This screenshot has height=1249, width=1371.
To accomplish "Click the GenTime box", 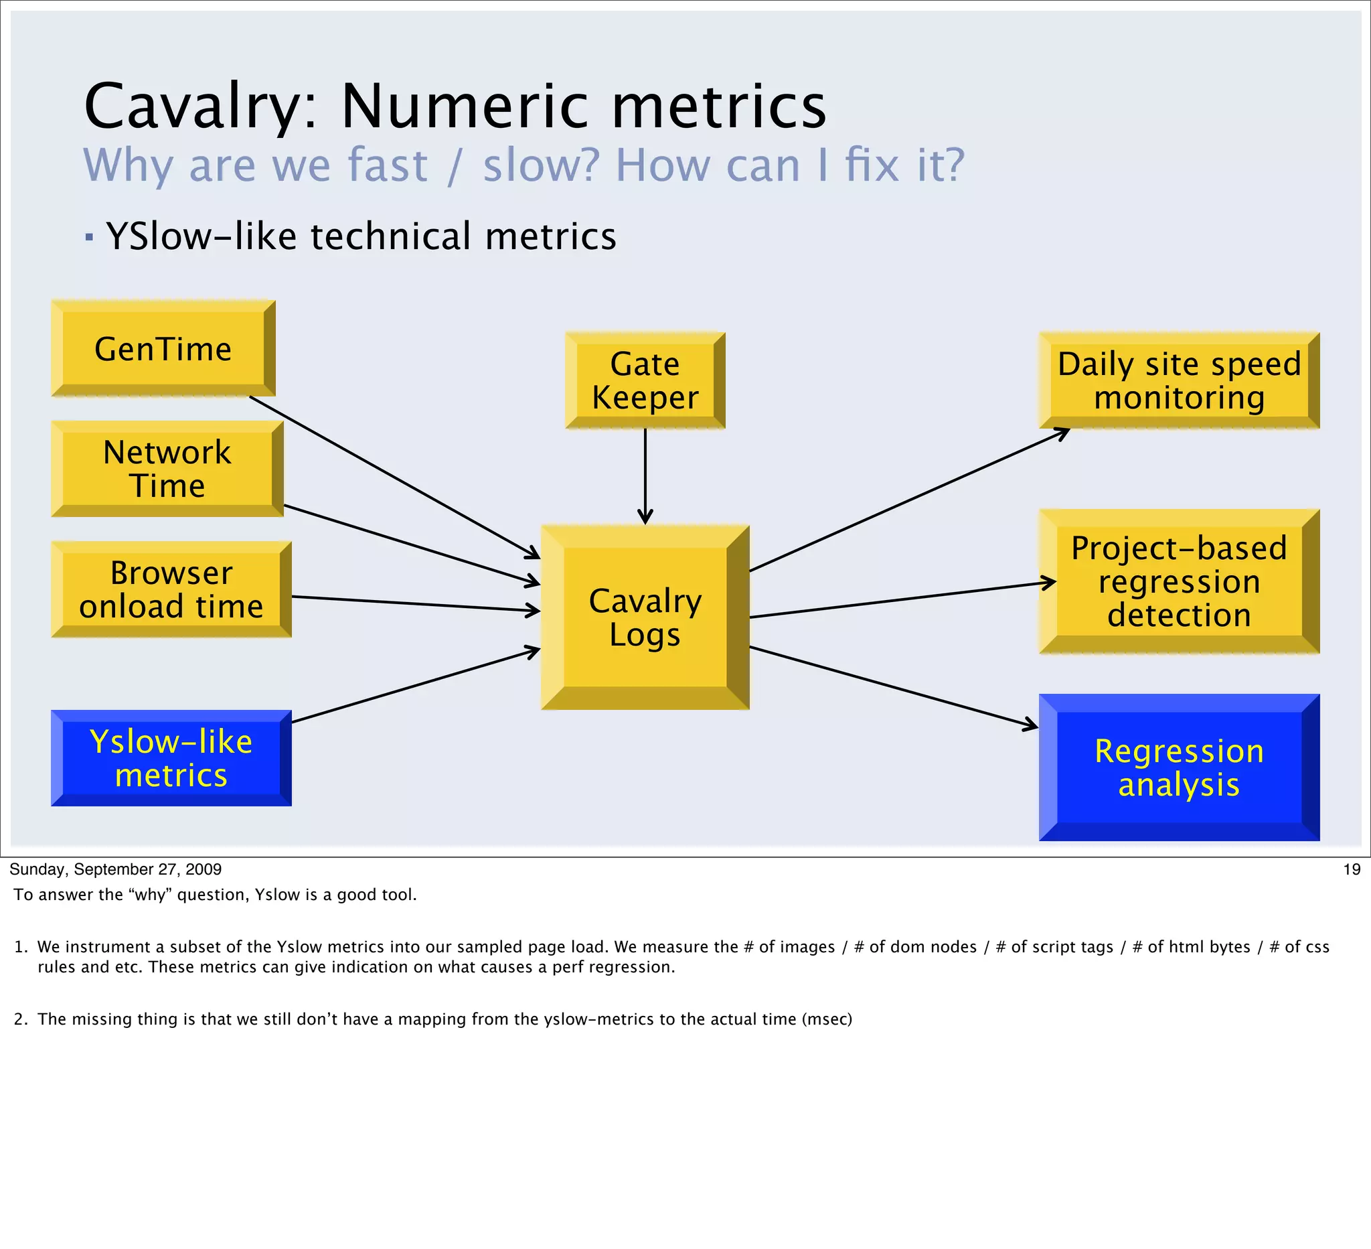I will click(x=163, y=349).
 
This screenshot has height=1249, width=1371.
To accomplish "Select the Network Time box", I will click(x=167, y=469).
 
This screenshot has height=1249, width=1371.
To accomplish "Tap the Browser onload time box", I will click(x=171, y=589).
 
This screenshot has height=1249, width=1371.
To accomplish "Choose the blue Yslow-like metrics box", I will click(x=171, y=758).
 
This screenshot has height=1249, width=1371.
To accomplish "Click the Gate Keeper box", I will click(x=645, y=380).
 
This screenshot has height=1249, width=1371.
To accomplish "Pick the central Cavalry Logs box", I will click(x=645, y=617).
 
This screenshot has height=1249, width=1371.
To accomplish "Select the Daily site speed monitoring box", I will click(x=1179, y=380).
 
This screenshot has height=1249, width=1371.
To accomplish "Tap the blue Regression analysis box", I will click(x=1179, y=767).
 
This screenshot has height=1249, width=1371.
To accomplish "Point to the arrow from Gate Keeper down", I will click(x=645, y=476).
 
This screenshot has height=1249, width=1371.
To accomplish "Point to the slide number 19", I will click(x=1352, y=869).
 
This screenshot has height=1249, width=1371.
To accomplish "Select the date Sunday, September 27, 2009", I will click(x=116, y=869).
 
